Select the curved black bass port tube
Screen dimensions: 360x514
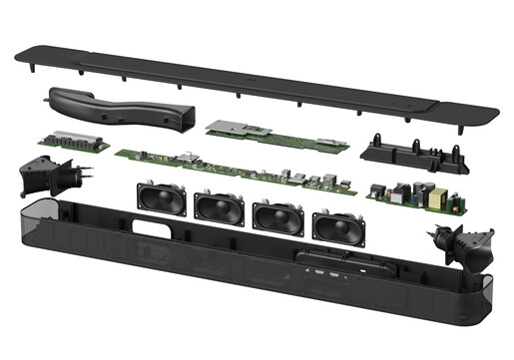coord(120,108)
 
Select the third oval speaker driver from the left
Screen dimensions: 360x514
coord(273,216)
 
